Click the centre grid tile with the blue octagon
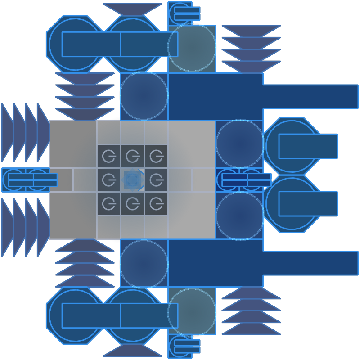tap(132, 180)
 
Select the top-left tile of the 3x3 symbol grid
tap(108, 156)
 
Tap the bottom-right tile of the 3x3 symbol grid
tap(156, 204)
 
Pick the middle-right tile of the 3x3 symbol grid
tap(156, 180)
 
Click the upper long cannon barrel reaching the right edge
tap(310, 96)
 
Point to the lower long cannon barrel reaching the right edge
tap(310, 263)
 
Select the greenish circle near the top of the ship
tap(192, 47)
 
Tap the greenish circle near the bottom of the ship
tap(192, 312)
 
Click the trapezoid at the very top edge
tap(132, 9)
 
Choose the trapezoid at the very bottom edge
tap(132, 350)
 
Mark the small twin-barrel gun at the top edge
tap(184, 13)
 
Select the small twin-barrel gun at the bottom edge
tap(184, 346)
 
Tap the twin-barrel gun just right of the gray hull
tap(245, 180)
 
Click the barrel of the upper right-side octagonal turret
tap(308, 146)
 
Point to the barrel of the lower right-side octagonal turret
tap(308, 204)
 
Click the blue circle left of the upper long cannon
tap(144, 96)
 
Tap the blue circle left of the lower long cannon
tap(144, 264)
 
